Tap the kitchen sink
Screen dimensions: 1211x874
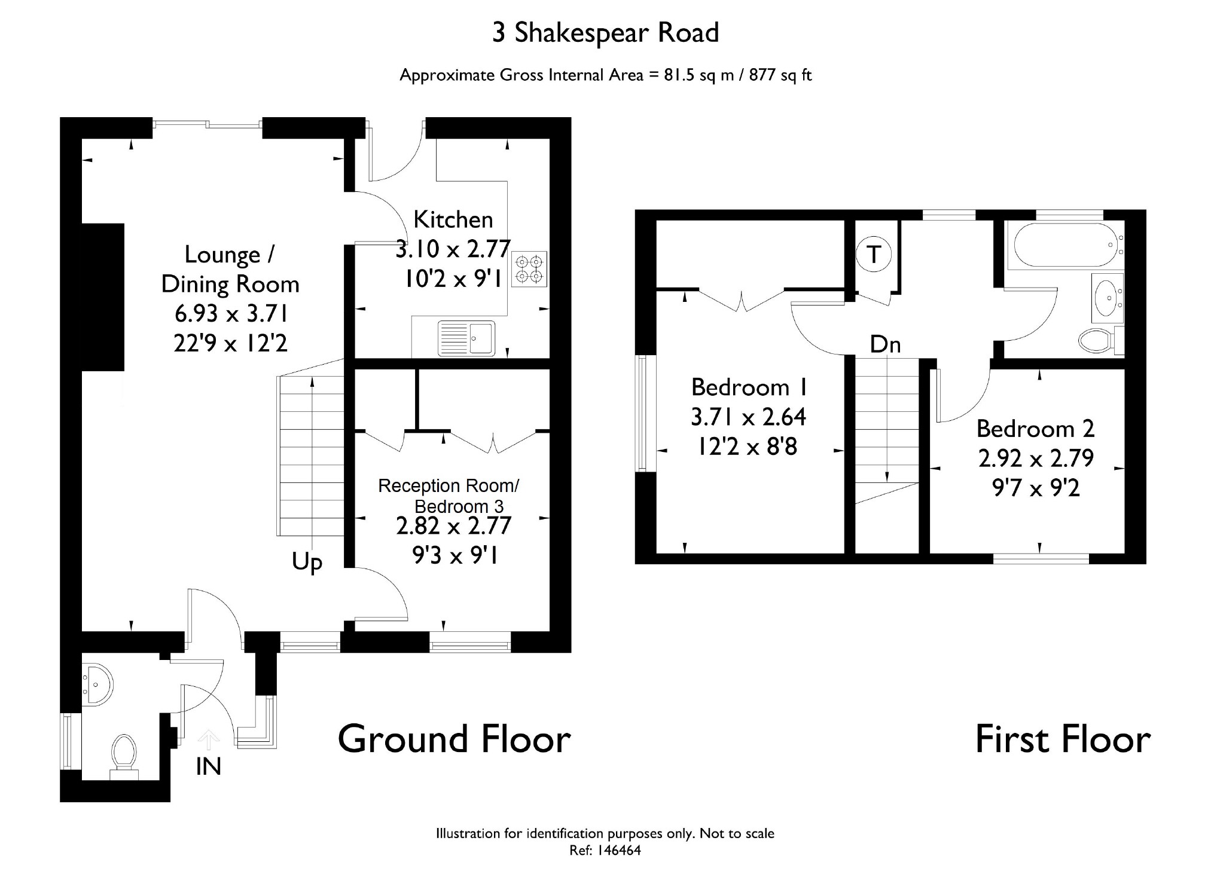(466, 338)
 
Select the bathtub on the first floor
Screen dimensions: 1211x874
(1065, 245)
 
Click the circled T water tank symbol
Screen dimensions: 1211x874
(874, 255)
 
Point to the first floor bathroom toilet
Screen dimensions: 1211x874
(1101, 341)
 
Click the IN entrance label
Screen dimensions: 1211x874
(209, 767)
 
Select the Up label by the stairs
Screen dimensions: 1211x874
(307, 563)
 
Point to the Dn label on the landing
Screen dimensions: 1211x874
(885, 344)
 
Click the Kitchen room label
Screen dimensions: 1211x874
(453, 220)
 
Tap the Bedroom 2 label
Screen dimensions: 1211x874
(1035, 429)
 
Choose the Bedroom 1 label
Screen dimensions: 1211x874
(749, 387)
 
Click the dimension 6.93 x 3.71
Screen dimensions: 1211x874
(231, 313)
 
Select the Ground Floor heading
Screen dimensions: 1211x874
(454, 739)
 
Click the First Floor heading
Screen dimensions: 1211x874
(1063, 739)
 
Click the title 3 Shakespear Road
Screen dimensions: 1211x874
(605, 33)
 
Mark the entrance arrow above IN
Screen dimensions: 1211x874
(208, 739)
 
